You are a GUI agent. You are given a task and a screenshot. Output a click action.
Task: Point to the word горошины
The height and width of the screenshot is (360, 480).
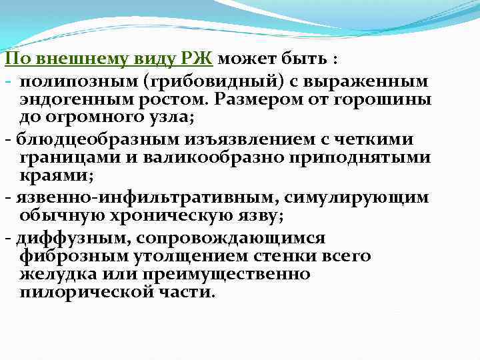click(x=387, y=99)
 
